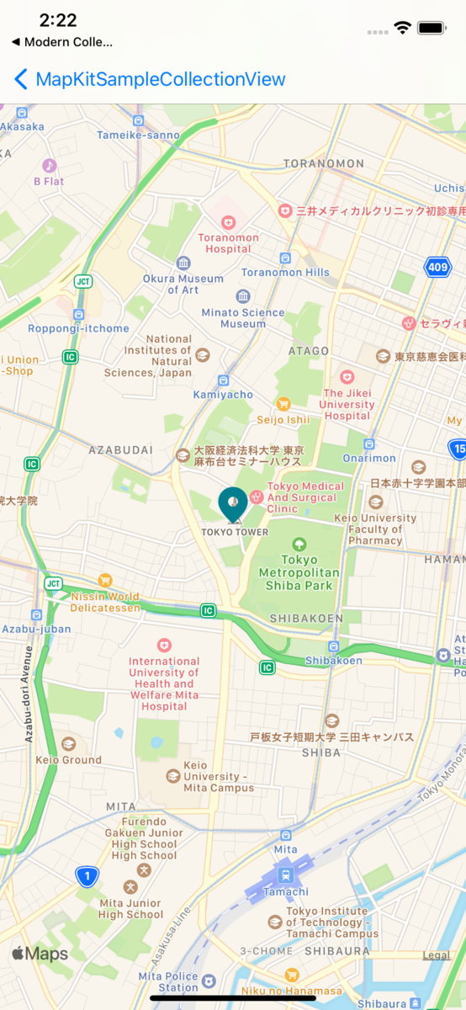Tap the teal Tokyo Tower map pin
coord(233,503)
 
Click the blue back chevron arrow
coord(21,80)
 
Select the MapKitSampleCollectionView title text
coord(161,80)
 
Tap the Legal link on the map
coord(436,955)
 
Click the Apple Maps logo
coord(40,954)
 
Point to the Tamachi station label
coord(286,891)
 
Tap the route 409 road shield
coord(437,268)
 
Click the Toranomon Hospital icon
coord(228,223)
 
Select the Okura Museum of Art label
coord(183,284)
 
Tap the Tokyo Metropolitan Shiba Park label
coord(299,572)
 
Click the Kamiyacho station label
coord(223,394)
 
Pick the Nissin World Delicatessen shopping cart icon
coord(105,580)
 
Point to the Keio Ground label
coord(69,759)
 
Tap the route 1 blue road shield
coord(86,877)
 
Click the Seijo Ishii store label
coord(283,419)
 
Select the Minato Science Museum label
coord(243,317)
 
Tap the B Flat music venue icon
coord(49,166)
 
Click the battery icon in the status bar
coord(432,28)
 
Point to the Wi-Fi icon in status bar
coord(402,28)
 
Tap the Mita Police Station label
coord(168,981)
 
